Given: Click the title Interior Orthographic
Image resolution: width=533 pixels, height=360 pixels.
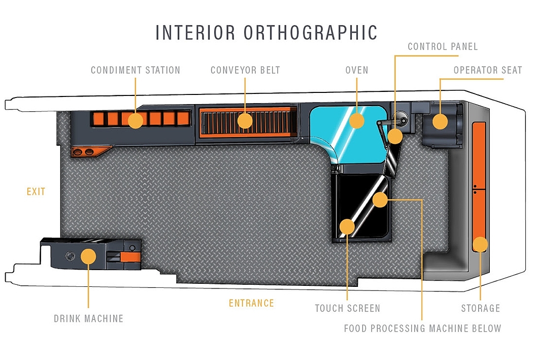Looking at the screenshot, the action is (266, 32).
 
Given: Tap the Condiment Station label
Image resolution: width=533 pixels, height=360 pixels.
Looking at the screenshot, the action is (136, 70).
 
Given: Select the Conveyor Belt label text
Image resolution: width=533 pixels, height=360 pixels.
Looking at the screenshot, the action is (245, 70).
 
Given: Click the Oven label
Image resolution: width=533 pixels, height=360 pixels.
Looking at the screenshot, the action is (356, 70).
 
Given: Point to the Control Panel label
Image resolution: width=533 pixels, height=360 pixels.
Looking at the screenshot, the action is (443, 47).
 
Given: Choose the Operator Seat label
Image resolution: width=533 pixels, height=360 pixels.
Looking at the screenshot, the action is (487, 70).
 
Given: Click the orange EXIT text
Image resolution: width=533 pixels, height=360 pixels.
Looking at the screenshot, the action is (36, 192).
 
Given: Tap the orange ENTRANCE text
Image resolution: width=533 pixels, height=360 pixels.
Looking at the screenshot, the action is (251, 303).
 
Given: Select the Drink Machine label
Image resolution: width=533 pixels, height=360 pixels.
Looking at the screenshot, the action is (88, 318).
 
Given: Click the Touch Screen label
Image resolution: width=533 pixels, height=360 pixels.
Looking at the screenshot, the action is (347, 308).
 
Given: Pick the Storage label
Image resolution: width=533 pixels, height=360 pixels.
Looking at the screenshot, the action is (480, 308).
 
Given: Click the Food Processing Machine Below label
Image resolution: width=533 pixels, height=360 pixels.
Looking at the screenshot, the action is (422, 329).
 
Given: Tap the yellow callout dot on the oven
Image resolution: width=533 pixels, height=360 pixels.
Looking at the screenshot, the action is (356, 121).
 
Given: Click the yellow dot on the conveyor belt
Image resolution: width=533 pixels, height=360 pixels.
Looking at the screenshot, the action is (245, 121).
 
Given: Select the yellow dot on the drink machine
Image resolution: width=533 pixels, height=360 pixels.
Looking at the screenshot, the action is (88, 256).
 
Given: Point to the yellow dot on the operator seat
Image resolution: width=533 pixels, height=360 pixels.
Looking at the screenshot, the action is (440, 122).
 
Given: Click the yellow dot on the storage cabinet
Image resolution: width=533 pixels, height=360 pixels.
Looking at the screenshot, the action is (480, 244).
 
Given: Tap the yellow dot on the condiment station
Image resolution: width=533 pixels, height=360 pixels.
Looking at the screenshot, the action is (136, 121).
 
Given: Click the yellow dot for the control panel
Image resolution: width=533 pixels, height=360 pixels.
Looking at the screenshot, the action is (395, 136).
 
